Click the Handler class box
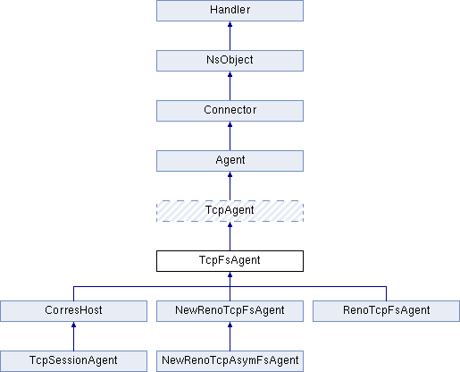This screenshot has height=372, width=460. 230,11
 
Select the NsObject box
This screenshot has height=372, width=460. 230,61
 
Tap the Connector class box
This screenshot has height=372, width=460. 230,111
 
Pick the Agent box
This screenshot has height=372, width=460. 230,161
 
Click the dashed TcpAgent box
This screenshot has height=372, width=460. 230,211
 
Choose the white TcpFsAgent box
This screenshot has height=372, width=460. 230,261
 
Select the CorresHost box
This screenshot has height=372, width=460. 73,311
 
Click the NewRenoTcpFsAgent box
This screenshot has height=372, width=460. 230,311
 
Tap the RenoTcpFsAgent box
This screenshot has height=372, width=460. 386,311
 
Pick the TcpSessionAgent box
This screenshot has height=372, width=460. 73,361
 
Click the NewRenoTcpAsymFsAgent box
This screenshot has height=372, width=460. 230,361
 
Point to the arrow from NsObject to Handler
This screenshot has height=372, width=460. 230,36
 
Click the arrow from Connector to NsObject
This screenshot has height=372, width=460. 230,86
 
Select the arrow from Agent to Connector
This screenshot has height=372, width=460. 230,136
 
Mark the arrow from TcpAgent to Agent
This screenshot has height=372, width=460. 230,186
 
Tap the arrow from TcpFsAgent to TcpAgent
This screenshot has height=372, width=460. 230,236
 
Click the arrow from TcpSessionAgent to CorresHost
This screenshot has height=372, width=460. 73,336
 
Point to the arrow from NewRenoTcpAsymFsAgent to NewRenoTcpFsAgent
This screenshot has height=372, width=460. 230,336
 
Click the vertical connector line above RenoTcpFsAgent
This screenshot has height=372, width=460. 386,293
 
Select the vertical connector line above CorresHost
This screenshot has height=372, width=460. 73,293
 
